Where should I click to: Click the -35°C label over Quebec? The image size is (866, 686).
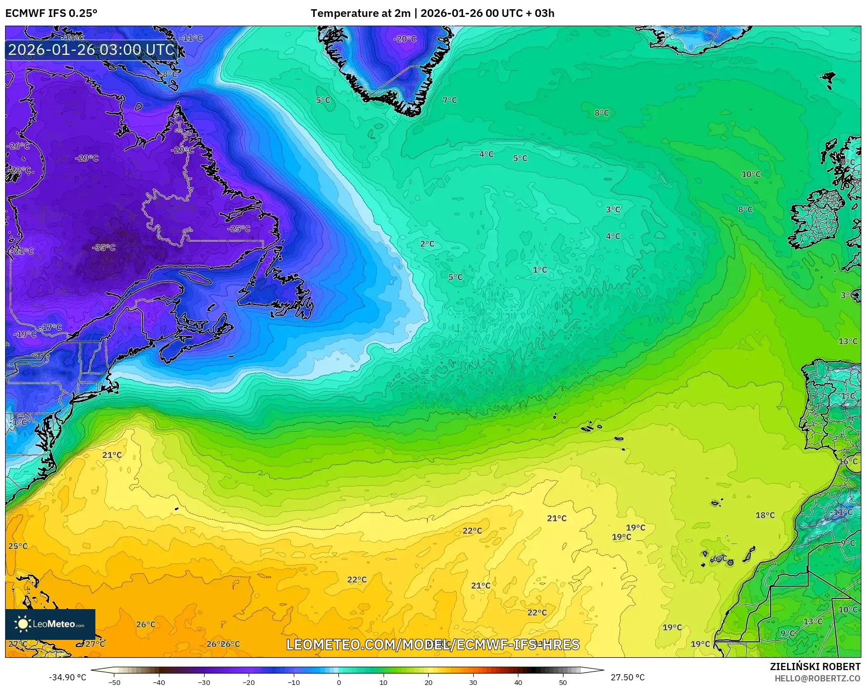104,248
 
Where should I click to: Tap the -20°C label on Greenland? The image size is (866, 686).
405,39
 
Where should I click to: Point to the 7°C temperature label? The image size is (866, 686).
450,100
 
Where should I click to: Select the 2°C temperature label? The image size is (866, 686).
427,244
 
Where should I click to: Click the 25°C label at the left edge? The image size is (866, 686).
18,546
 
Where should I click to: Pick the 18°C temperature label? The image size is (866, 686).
765,515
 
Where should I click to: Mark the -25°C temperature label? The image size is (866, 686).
239,229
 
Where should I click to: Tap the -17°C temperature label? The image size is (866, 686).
51,327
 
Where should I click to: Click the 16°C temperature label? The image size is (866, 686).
848,461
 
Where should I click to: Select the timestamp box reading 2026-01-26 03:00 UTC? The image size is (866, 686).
92,50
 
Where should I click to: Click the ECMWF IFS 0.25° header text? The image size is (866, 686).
51,13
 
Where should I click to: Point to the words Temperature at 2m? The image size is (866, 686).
360,13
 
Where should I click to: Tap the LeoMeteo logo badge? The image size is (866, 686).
50,624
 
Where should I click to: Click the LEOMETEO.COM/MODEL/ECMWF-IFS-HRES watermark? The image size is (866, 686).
433,644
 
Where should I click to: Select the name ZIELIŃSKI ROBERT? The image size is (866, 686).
815,667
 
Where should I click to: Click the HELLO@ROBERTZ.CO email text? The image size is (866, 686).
817,678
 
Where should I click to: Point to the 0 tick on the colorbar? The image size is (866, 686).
338,682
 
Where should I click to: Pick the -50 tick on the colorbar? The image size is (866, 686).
114,682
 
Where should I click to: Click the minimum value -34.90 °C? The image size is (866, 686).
68,677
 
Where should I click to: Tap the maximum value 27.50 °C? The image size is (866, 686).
628,677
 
